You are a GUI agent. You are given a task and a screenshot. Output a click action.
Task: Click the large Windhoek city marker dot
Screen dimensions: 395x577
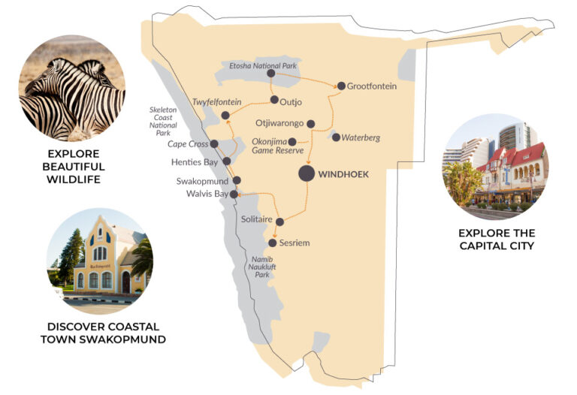(x=307, y=173)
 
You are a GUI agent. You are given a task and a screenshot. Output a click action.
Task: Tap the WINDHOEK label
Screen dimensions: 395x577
(x=344, y=174)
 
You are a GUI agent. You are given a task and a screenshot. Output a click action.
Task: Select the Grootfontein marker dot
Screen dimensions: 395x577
(x=341, y=86)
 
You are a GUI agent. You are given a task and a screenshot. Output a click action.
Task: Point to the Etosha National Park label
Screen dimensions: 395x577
(x=263, y=66)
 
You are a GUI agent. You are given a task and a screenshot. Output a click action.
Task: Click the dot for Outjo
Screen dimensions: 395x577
(x=274, y=100)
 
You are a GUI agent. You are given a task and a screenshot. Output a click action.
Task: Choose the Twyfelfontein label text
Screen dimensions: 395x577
(x=216, y=101)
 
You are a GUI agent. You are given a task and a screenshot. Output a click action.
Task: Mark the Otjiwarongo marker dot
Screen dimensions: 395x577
(x=311, y=124)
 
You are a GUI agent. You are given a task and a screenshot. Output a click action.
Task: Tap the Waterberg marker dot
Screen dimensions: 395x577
(x=336, y=137)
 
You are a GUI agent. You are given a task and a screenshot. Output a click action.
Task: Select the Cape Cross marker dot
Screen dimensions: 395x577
(x=214, y=143)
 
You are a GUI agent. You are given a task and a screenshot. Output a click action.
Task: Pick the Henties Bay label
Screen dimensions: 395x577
(x=199, y=161)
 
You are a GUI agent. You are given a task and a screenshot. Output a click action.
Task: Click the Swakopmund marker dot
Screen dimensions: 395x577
(x=237, y=180)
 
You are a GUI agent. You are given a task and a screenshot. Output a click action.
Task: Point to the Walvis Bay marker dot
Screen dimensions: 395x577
(x=234, y=194)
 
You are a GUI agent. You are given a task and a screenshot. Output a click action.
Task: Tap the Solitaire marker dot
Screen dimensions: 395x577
(x=280, y=222)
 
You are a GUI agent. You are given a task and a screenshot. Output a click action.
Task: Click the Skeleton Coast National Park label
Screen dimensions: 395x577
(x=163, y=120)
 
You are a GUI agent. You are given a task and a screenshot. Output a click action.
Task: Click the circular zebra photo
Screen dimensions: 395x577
(x=72, y=89)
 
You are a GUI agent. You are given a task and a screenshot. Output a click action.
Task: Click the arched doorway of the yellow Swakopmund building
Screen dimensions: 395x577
(x=125, y=282)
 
